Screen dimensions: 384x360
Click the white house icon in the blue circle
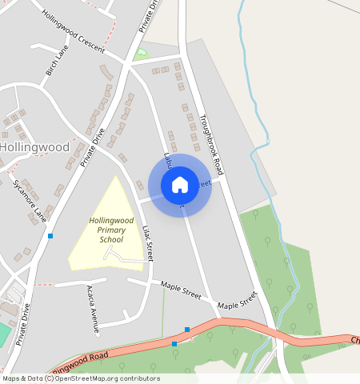(x=180, y=185)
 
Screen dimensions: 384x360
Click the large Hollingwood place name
(x=35, y=148)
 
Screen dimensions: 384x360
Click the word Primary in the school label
(x=111, y=230)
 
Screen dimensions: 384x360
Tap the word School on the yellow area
(x=111, y=239)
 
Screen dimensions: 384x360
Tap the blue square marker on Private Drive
(x=50, y=235)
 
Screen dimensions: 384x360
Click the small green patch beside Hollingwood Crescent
(x=142, y=54)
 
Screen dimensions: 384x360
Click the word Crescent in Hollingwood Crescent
(x=91, y=42)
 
